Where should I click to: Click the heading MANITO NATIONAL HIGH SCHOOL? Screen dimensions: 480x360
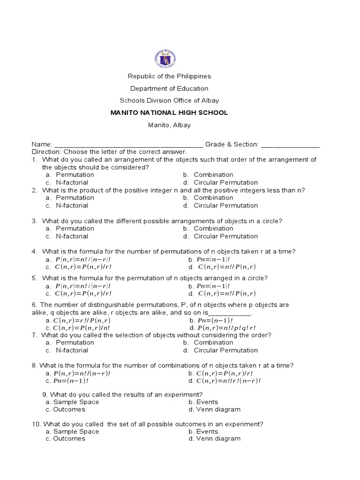pos(169,113)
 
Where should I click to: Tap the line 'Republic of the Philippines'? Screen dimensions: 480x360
pos(169,76)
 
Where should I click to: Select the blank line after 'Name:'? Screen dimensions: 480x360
pos(129,144)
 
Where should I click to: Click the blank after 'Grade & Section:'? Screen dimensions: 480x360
pos(290,144)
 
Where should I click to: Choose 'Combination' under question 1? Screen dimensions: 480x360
pos(213,175)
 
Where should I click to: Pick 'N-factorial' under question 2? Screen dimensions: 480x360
pos(72,205)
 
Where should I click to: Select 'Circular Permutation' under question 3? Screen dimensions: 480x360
pos(225,236)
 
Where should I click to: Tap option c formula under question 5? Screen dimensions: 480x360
pos(83,293)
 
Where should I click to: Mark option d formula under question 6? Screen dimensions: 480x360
pos(227,328)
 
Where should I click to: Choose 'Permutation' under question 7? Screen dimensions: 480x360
pos(75,343)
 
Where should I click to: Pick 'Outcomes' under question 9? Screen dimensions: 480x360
pos(69,409)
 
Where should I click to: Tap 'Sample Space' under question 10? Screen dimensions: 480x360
pos(76,431)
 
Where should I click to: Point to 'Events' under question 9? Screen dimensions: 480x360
pos(207,402)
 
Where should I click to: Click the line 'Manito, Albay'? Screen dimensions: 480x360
pos(169,125)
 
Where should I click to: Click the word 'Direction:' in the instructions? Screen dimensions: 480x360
pos(46,152)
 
